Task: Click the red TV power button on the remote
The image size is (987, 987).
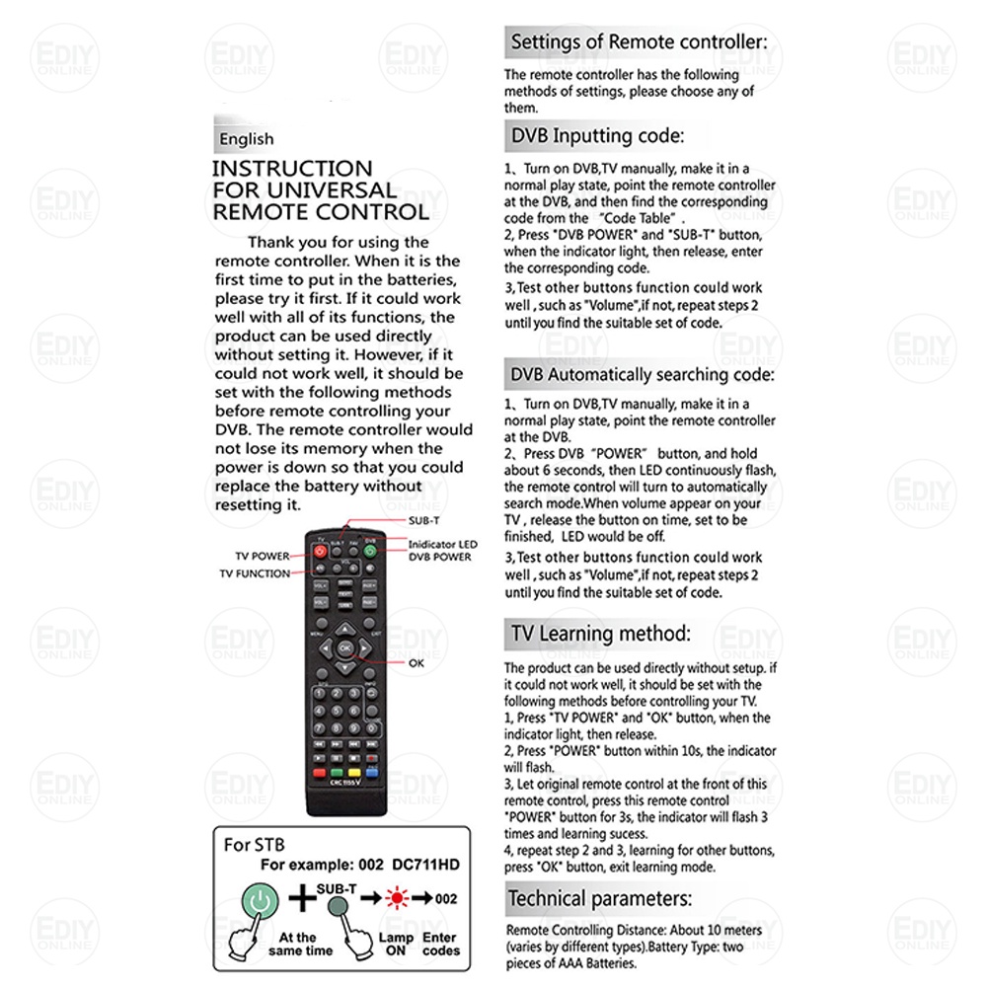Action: tap(320, 551)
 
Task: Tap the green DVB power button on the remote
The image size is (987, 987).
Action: tap(370, 551)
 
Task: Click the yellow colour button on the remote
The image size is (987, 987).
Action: tap(353, 772)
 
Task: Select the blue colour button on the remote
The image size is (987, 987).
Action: tap(370, 772)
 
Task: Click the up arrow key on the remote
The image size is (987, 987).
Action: tap(344, 628)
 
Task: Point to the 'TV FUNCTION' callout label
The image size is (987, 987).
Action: tap(255, 573)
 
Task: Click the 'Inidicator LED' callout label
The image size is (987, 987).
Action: tap(443, 544)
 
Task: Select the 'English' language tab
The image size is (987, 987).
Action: tap(247, 139)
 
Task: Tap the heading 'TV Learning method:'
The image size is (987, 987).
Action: tap(599, 633)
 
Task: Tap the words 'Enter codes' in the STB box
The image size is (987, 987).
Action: tap(441, 944)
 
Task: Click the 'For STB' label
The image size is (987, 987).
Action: tap(254, 845)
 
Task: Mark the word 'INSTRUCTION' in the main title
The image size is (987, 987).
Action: tap(292, 169)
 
